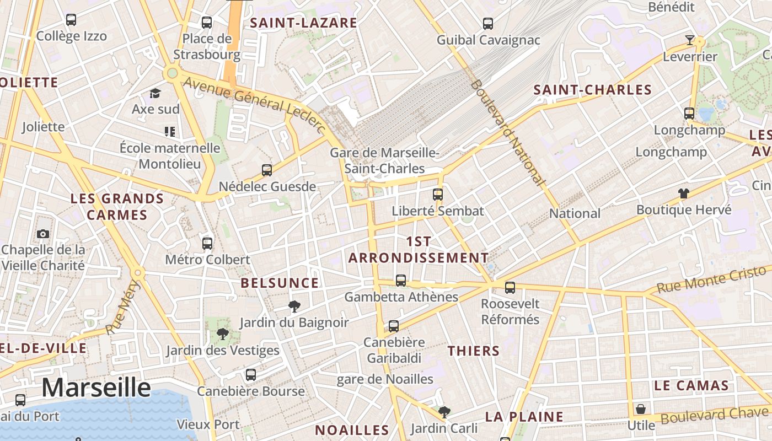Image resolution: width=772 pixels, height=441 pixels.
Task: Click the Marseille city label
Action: (x=96, y=388)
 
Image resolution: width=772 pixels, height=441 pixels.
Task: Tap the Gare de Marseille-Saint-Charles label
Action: (x=385, y=160)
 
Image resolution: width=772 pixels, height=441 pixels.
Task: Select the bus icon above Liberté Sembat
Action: (x=438, y=194)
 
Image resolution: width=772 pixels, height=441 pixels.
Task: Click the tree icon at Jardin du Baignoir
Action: (x=294, y=306)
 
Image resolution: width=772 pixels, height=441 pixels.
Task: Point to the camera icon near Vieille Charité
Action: (x=43, y=234)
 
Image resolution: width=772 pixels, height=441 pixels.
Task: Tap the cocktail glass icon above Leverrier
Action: (x=689, y=40)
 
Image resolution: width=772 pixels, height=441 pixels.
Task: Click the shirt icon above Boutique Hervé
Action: (x=684, y=193)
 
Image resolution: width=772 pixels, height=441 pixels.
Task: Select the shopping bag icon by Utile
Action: (x=641, y=409)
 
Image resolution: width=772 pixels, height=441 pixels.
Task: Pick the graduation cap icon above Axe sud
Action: (x=156, y=93)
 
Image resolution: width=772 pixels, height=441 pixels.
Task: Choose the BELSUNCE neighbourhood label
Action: (x=280, y=283)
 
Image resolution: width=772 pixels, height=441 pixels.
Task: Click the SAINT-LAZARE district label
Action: (x=303, y=23)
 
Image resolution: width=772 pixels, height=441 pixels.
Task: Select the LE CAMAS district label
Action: (x=691, y=385)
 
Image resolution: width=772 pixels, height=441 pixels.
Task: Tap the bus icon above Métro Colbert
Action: (x=207, y=243)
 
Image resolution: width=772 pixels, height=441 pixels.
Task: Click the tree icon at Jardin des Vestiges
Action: (x=222, y=334)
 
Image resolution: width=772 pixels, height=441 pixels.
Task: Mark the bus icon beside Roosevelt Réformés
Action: (x=510, y=287)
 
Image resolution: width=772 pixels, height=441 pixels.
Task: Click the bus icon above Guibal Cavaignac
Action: (x=488, y=24)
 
